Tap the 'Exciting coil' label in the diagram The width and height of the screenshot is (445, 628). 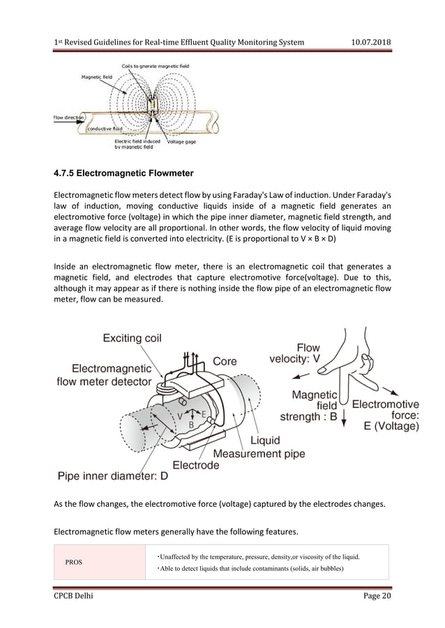click(133, 338)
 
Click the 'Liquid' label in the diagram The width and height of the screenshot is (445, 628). click(266, 440)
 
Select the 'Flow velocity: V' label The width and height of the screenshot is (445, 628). click(295, 353)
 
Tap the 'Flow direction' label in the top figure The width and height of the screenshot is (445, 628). click(68, 118)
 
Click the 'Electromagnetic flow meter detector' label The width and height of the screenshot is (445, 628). click(105, 375)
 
